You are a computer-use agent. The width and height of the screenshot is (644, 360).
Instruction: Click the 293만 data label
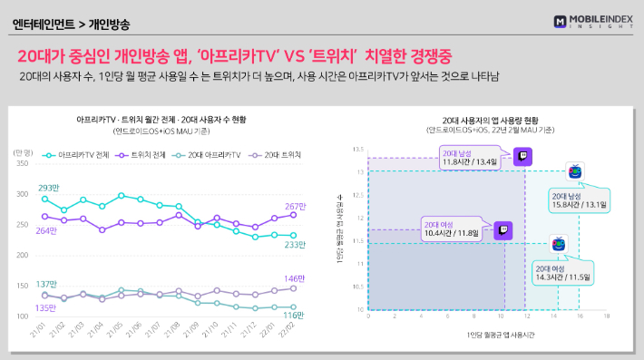pyautogui.click(x=50, y=188)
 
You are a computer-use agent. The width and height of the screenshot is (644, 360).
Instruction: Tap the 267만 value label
pyautogui.click(x=298, y=206)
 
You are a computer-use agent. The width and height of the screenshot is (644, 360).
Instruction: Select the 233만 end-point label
pyautogui.click(x=297, y=244)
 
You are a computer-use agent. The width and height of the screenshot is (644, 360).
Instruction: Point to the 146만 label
pyautogui.click(x=297, y=278)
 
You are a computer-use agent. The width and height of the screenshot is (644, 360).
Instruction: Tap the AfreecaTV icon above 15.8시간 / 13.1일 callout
pyautogui.click(x=574, y=171)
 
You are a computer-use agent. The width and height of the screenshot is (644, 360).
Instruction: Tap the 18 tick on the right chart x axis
pyautogui.click(x=606, y=316)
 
